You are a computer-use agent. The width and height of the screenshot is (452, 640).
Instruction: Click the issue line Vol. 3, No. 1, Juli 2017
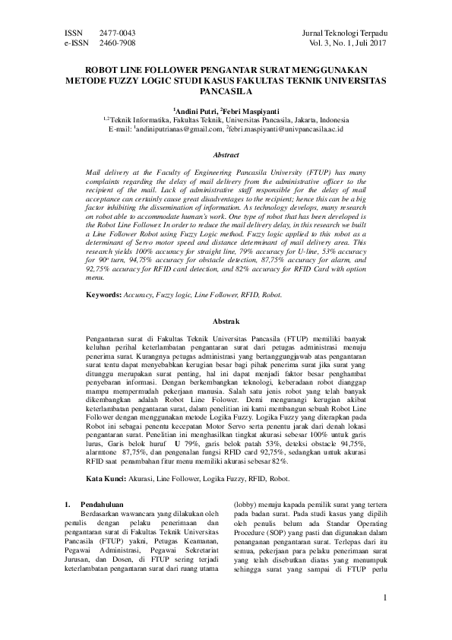coord(347,45)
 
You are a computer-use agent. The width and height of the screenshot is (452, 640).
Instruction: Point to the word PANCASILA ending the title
coord(226,88)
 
